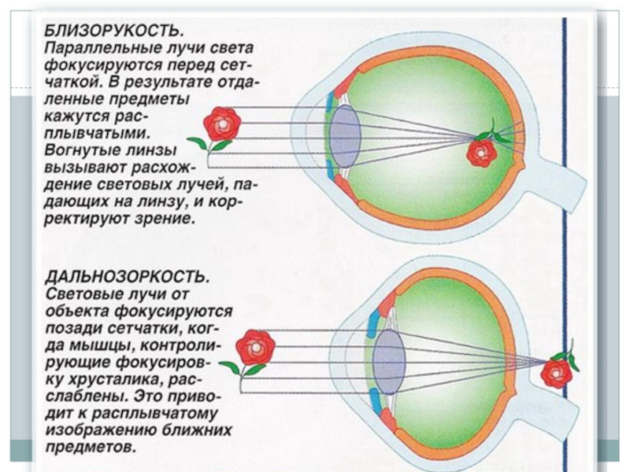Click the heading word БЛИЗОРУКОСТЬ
pos(114,30)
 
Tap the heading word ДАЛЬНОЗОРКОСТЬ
pos(127,276)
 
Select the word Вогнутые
pos(78,150)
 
